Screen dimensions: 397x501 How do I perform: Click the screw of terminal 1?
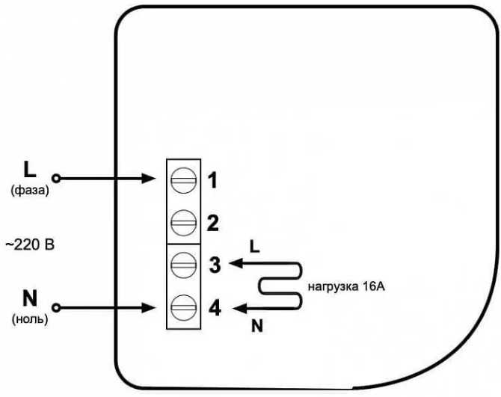(183, 179)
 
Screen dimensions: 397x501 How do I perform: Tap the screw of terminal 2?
(183, 222)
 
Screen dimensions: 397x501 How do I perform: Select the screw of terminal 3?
(183, 264)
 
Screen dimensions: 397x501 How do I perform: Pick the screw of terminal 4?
(183, 307)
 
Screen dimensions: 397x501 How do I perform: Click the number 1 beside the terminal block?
(212, 180)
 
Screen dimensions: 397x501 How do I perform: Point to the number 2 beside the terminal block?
(212, 222)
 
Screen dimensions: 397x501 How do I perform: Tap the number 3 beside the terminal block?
(214, 265)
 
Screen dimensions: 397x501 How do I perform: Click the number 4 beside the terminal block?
(214, 307)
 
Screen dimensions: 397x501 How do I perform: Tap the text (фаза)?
(30, 191)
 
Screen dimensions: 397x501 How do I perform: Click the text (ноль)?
(30, 319)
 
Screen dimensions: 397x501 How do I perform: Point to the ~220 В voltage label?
(31, 244)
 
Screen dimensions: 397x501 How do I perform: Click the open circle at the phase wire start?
(56, 179)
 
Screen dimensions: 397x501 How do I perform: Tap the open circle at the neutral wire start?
(56, 307)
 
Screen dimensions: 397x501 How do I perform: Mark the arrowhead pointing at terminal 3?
(233, 263)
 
